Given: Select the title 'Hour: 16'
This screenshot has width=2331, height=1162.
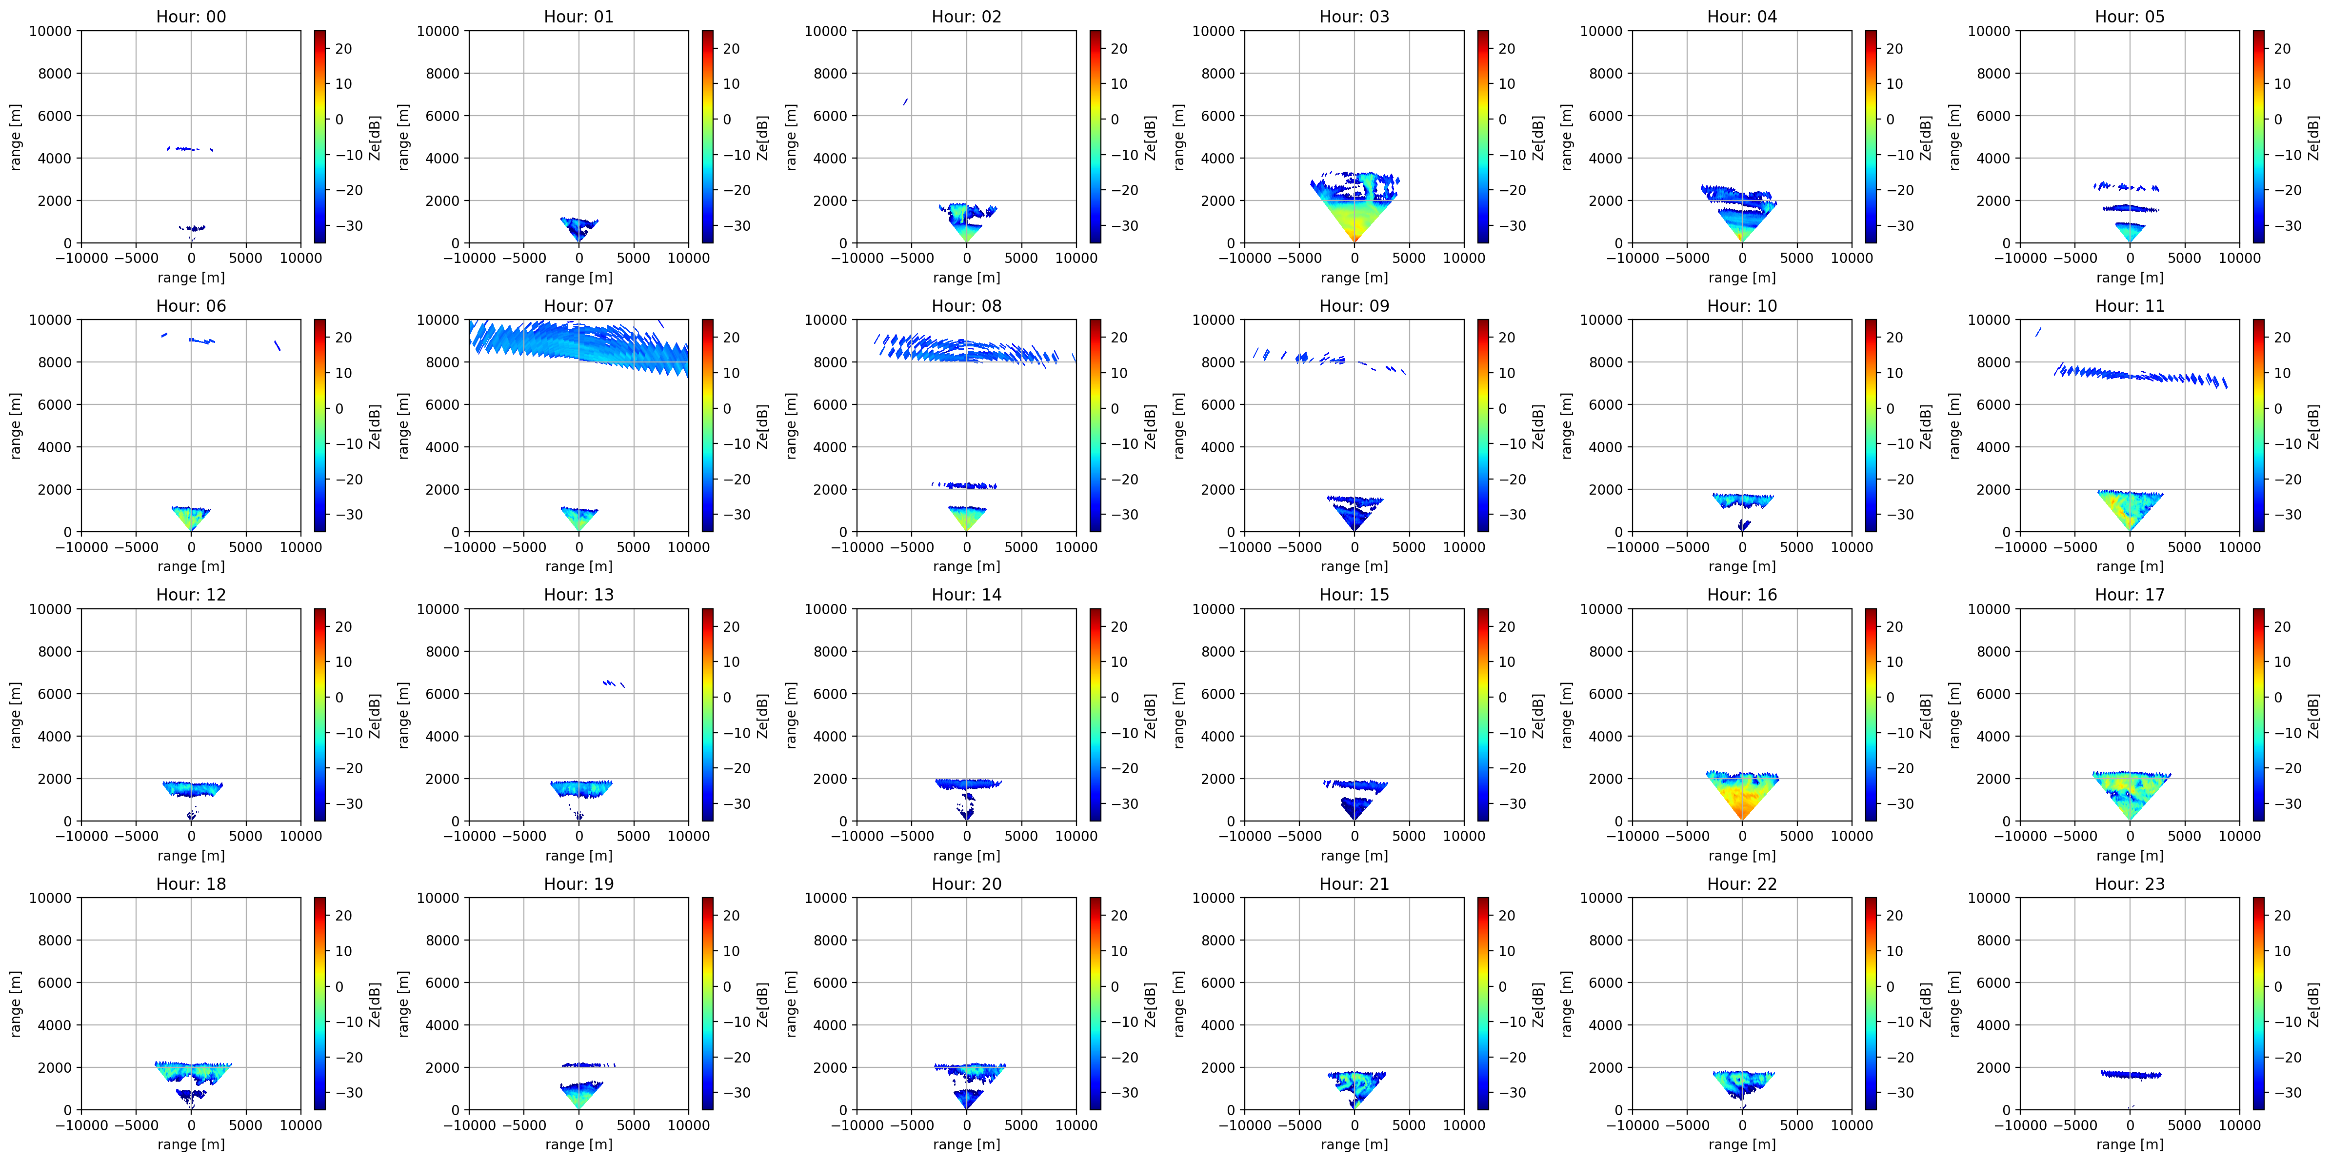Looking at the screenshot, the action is click(x=1742, y=595).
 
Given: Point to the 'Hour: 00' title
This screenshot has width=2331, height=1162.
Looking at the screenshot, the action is click(x=191, y=16).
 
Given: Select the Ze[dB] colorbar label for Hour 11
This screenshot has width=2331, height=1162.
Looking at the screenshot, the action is click(x=2313, y=425).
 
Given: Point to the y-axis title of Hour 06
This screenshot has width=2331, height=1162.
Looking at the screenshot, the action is click(x=16, y=425).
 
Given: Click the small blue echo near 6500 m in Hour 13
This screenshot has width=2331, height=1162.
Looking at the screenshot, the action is click(x=614, y=683).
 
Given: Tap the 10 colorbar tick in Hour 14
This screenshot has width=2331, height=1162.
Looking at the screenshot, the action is click(x=1119, y=661).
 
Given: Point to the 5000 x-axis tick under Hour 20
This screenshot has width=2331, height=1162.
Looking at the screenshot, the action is click(x=1022, y=1125).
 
